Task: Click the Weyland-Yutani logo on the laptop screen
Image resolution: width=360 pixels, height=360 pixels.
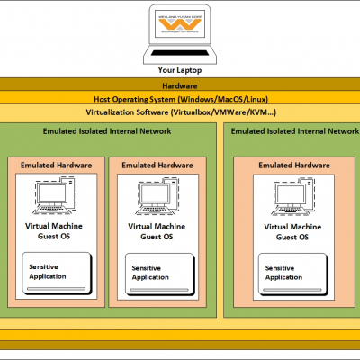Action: click(x=179, y=26)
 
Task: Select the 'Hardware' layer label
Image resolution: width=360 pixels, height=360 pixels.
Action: click(x=180, y=85)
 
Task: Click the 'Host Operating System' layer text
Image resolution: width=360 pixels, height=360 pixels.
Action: click(x=180, y=99)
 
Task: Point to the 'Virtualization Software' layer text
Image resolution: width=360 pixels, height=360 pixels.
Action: click(x=180, y=112)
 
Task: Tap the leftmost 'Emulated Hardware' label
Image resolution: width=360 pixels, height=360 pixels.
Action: click(x=58, y=166)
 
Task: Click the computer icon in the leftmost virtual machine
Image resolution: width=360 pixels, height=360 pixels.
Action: click(x=57, y=196)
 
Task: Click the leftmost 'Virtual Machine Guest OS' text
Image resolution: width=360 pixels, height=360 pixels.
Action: click(x=58, y=231)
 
